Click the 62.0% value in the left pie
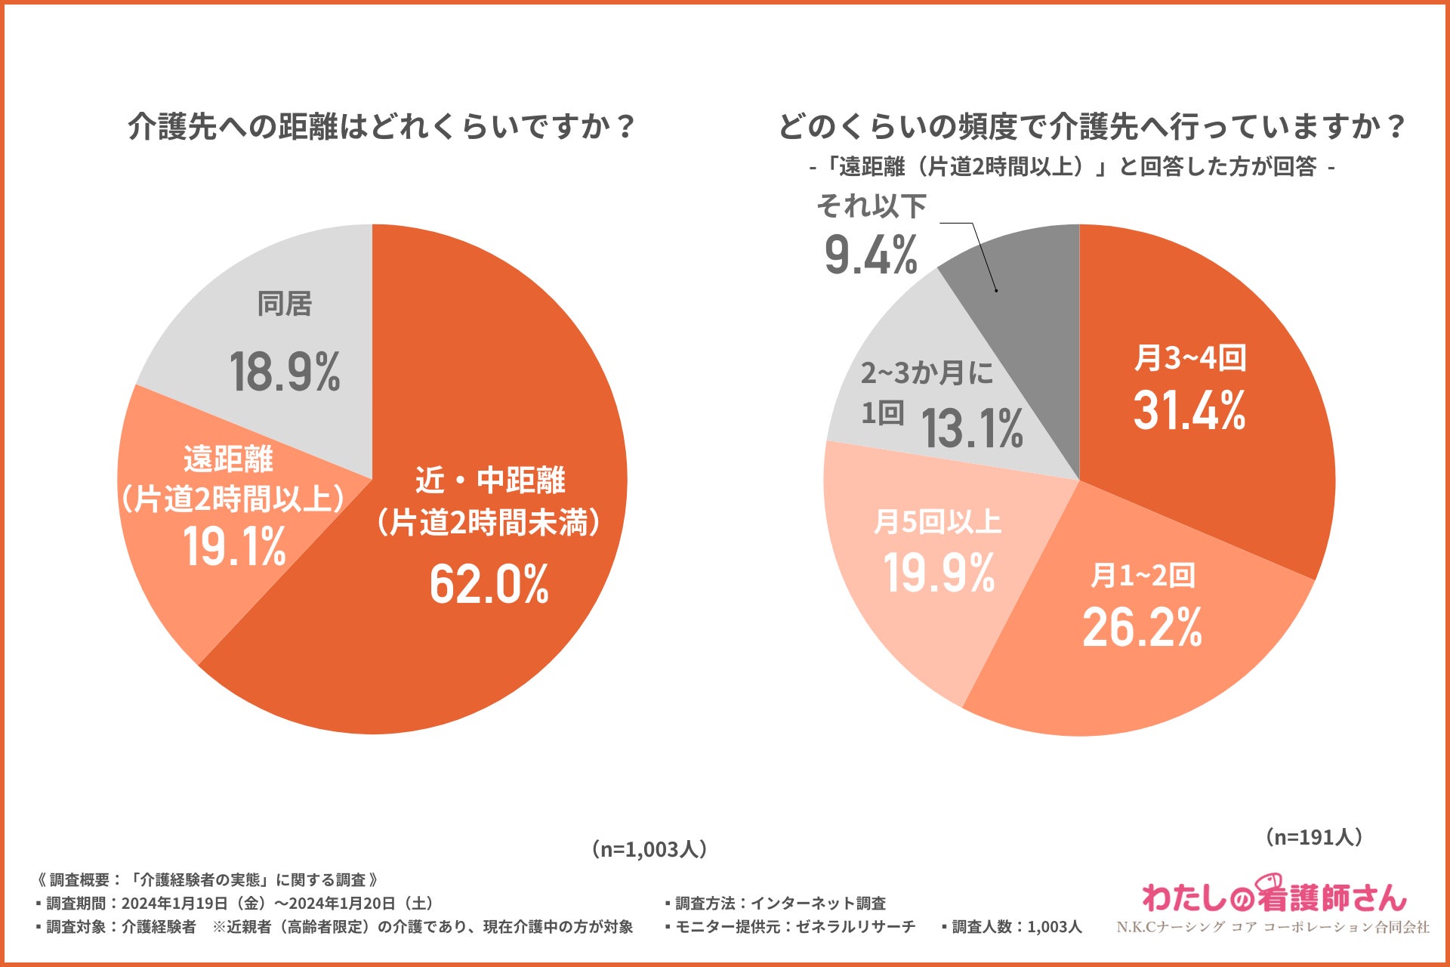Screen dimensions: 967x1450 click(489, 584)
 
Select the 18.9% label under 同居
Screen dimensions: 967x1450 click(285, 372)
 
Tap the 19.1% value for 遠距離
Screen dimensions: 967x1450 click(234, 546)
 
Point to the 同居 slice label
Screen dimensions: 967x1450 click(285, 304)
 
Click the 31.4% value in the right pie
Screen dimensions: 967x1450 click(1189, 411)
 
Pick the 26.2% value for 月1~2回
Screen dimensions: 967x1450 click(1142, 627)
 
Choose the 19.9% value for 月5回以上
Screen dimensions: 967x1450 click(939, 573)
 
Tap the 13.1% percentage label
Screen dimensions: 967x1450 click(972, 428)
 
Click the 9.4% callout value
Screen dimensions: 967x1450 click(871, 255)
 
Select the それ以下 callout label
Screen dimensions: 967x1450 click(872, 205)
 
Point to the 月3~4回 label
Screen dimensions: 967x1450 click(1190, 358)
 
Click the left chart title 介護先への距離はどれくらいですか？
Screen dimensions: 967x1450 click(382, 126)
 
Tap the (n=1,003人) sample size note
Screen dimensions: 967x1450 click(650, 849)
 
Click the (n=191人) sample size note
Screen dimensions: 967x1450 click(1314, 837)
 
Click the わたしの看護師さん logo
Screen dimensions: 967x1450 click(1274, 897)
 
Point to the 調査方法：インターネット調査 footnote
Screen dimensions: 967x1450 click(776, 904)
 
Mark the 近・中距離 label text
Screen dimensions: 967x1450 click(490, 480)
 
